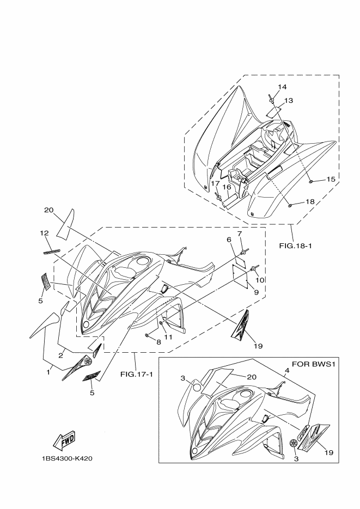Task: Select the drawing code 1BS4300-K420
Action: (x=66, y=458)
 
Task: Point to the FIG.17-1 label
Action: (x=136, y=374)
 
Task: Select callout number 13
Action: (x=288, y=100)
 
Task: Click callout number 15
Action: (x=330, y=179)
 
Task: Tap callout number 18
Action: (x=325, y=202)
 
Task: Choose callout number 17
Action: (x=215, y=183)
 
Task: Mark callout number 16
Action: (x=227, y=187)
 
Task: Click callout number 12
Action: (x=45, y=234)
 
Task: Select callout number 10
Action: (x=260, y=280)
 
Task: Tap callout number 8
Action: (x=158, y=342)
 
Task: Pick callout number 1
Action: (x=48, y=372)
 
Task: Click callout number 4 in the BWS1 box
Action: (x=286, y=371)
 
